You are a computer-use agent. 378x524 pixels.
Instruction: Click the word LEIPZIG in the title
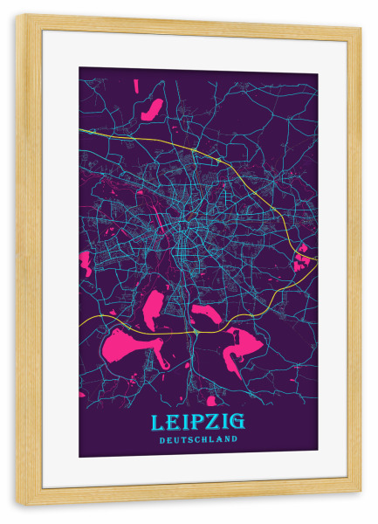coord(198,423)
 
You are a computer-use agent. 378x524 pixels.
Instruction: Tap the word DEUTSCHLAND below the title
coord(198,439)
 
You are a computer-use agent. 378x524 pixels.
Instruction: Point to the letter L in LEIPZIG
coord(158,423)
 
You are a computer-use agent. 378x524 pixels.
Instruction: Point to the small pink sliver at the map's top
coord(136,86)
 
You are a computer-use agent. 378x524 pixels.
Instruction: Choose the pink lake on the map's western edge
coord(86,262)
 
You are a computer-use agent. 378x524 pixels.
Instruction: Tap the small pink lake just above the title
coord(210,401)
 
